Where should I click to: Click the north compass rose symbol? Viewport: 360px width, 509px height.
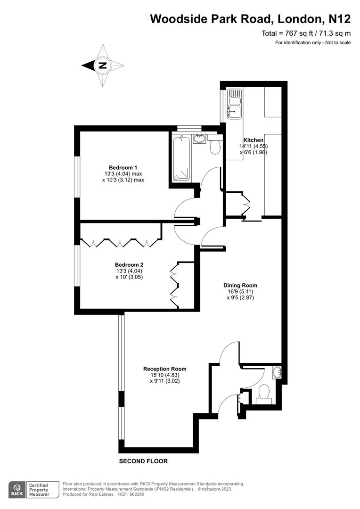[103, 66]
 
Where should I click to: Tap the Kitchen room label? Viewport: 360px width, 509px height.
[253, 140]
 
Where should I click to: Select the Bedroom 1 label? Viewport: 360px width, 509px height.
[123, 167]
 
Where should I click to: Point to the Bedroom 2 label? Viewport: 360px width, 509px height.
[129, 265]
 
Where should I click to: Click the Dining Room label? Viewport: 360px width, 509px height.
[240, 285]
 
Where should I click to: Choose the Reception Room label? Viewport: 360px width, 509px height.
[165, 369]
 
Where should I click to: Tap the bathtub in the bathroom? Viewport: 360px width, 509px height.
[181, 158]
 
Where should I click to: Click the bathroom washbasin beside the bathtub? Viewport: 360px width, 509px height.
[199, 139]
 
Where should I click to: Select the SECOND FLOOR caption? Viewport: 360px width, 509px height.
[143, 461]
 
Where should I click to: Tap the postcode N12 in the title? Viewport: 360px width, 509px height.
[339, 19]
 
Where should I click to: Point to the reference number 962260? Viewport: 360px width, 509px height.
[138, 494]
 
